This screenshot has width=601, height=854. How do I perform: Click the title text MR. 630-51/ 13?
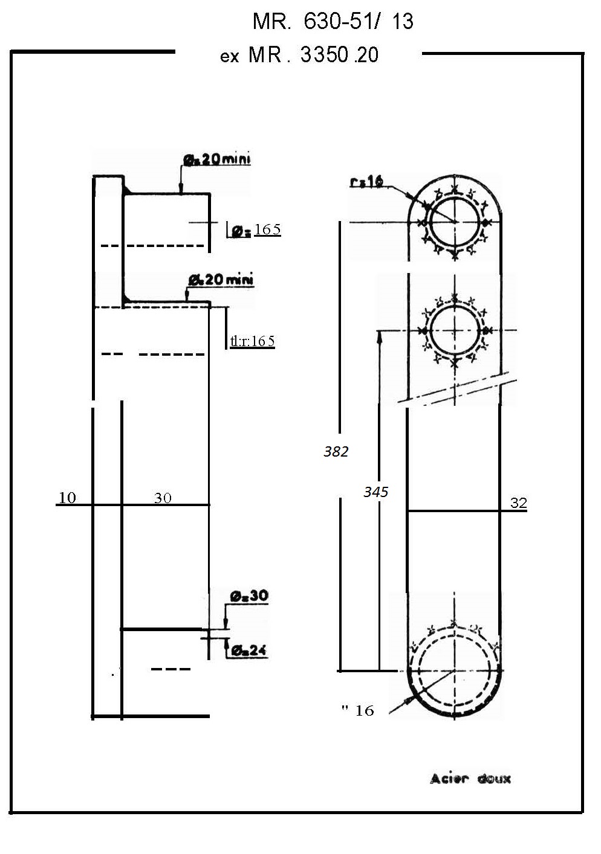tap(333, 22)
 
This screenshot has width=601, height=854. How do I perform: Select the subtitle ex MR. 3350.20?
tap(300, 56)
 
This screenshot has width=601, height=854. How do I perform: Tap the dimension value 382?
tap(336, 452)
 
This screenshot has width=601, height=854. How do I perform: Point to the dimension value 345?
tap(375, 492)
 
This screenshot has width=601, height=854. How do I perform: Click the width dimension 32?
tap(518, 503)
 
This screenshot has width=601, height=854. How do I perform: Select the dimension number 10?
tap(67, 498)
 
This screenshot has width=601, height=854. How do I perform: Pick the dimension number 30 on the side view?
tap(163, 498)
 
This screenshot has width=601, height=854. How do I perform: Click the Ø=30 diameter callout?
tap(249, 596)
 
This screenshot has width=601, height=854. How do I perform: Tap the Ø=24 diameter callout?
tap(249, 651)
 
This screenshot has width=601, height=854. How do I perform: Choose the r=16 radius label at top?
tap(366, 181)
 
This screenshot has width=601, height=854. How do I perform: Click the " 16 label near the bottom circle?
tap(358, 710)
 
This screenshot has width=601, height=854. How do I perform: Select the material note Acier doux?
tap(470, 779)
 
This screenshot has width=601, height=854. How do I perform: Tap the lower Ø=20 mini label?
tap(221, 280)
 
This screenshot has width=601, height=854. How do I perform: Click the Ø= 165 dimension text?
tap(256, 230)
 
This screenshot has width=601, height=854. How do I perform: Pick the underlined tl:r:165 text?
tap(253, 341)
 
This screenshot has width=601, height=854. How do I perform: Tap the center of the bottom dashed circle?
tap(453, 670)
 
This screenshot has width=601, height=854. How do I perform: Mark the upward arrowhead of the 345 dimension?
tap(380, 336)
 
